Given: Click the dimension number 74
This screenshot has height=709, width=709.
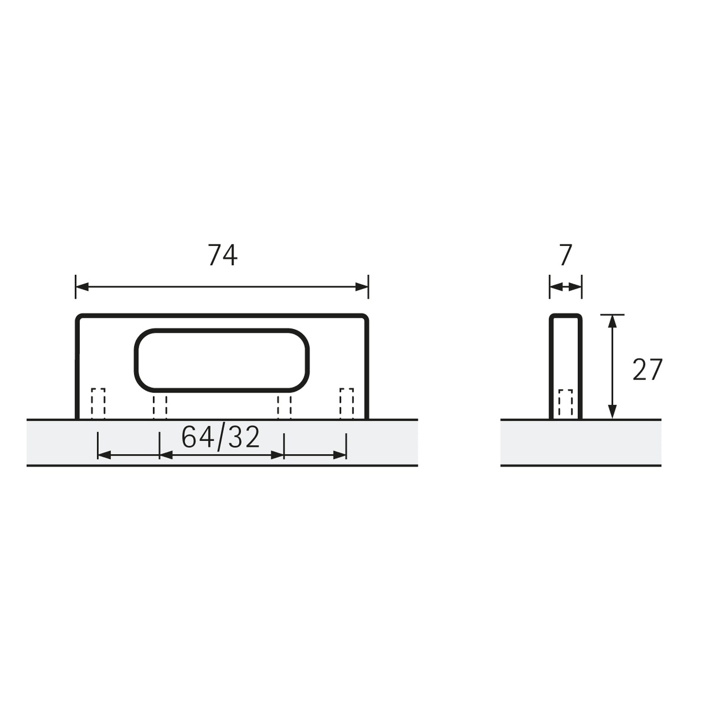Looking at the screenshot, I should click(222, 255).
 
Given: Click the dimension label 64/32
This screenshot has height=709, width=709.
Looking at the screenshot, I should click(220, 438).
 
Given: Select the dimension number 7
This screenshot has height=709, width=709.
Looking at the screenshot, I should click(565, 255).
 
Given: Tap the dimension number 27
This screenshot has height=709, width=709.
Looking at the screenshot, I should click(648, 370).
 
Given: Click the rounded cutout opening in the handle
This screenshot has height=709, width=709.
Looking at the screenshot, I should click(222, 360).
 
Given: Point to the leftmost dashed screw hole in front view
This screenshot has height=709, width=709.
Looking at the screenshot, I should click(98, 404).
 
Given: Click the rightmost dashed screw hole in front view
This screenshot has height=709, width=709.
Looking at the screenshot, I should click(346, 404).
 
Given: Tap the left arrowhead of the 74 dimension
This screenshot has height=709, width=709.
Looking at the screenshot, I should click(82, 287).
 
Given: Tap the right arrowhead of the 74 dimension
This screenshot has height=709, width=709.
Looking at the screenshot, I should click(362, 287).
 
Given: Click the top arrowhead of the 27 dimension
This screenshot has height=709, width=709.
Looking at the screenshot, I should click(612, 321).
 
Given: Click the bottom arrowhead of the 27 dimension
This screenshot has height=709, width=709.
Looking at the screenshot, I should click(612, 412).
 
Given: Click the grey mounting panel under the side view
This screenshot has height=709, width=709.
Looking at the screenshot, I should click(580, 443).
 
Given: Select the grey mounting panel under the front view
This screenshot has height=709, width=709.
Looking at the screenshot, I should click(59, 443).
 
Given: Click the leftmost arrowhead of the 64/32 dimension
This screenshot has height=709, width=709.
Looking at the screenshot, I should click(104, 455).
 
